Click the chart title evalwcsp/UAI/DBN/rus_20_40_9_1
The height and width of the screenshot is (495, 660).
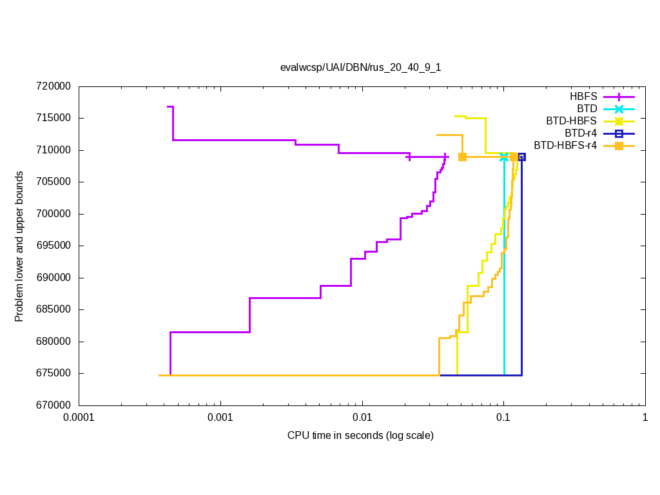click(360, 67)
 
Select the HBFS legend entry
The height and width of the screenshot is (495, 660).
click(583, 97)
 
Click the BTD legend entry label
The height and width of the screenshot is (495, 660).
click(587, 108)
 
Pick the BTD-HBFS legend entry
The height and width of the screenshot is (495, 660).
click(571, 121)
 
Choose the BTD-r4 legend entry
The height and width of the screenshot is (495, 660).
click(579, 133)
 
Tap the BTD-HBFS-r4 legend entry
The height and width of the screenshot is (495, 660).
click(565, 145)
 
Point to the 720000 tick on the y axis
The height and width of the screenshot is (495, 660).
click(54, 86)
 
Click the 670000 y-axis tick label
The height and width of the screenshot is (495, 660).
click(54, 405)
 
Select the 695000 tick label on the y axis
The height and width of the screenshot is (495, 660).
click(54, 246)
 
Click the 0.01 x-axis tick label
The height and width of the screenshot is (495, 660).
click(362, 418)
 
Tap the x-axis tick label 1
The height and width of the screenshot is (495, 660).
click(645, 418)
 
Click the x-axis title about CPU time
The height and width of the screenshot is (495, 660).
click(360, 436)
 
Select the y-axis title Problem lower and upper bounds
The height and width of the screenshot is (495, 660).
click(19, 246)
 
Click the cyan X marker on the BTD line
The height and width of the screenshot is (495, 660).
click(504, 157)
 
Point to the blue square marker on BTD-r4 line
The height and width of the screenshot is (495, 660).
click(521, 157)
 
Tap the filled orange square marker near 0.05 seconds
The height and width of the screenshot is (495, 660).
click(462, 157)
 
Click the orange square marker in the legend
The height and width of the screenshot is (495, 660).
click(619, 145)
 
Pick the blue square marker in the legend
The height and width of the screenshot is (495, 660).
click(619, 133)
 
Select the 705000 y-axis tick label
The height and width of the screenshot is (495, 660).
click(54, 182)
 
